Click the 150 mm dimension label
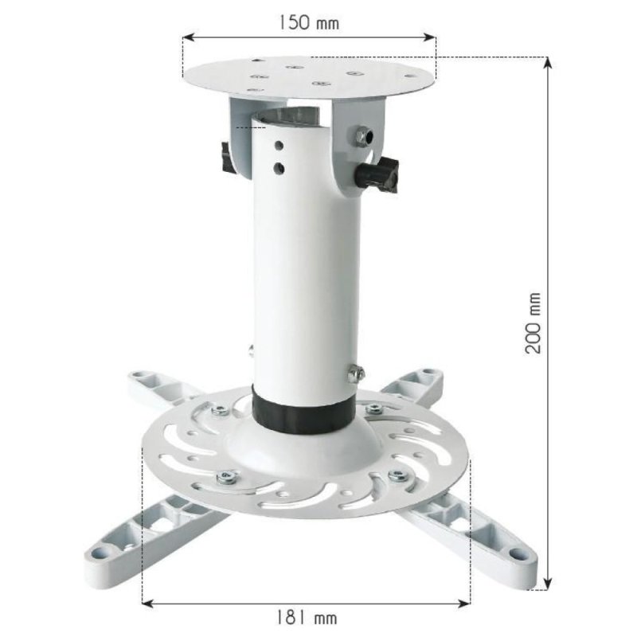point(308,22)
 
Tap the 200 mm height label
point(534,322)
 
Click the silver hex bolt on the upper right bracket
point(363,136)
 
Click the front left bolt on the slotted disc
point(225,478)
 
